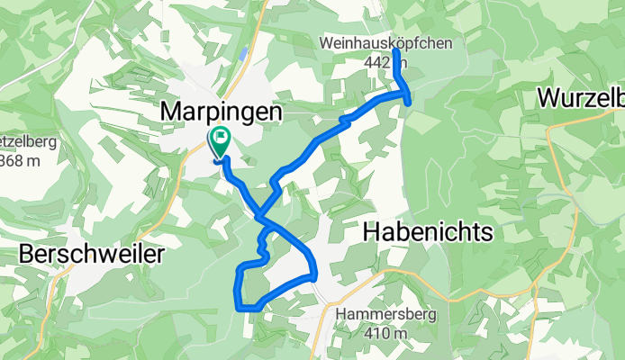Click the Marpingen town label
tap(221, 112)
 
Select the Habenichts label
tap(429, 232)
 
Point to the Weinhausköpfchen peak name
tap(386, 43)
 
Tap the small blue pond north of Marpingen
tap(243, 55)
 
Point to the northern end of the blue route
tap(396, 51)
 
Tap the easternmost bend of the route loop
tap(316, 273)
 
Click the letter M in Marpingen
tap(171, 112)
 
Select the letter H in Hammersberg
tap(340, 315)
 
